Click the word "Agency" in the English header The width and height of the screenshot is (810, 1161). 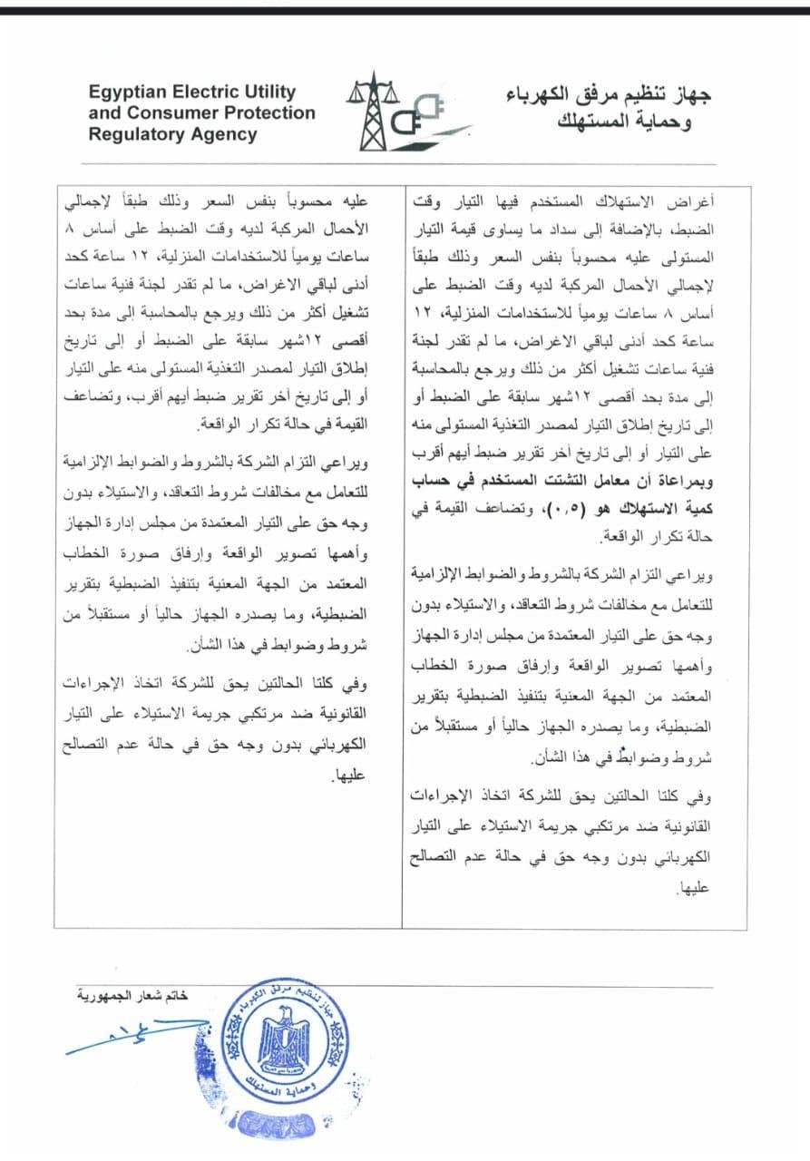[x=224, y=134]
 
